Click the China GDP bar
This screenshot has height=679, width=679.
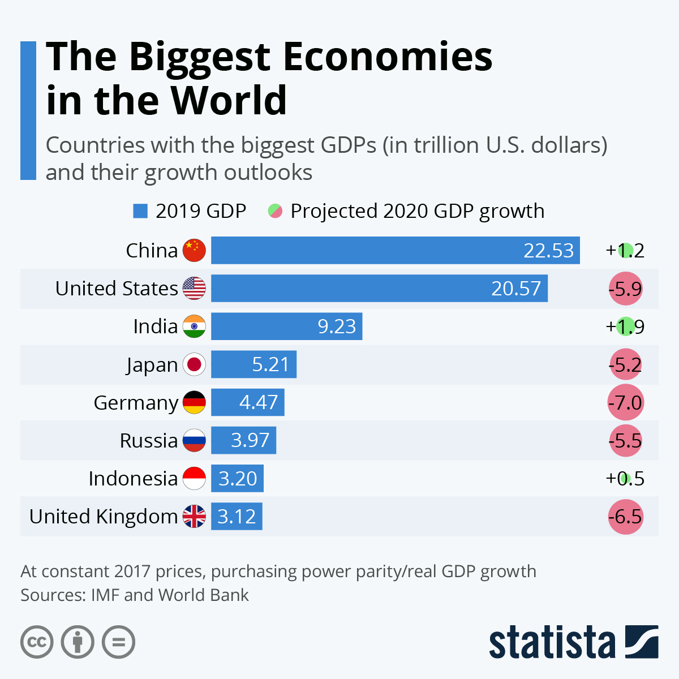pyautogui.click(x=395, y=250)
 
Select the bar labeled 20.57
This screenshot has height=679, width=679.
pyautogui.click(x=379, y=289)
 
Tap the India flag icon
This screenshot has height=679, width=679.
pyautogui.click(x=194, y=326)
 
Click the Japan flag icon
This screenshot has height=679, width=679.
pyautogui.click(x=194, y=364)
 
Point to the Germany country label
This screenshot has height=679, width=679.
pyautogui.click(x=136, y=403)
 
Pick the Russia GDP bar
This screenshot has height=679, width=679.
pyautogui.click(x=243, y=440)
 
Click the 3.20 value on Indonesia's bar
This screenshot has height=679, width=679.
pyautogui.click(x=238, y=479)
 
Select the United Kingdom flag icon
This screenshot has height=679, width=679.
pyautogui.click(x=194, y=516)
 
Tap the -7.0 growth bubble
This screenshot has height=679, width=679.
pyautogui.click(x=625, y=403)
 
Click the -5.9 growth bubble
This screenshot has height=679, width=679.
pyautogui.click(x=625, y=289)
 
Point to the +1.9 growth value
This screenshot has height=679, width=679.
pyautogui.click(x=625, y=326)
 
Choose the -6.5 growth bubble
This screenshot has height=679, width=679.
pyautogui.click(x=625, y=517)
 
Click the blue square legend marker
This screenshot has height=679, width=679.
pyautogui.click(x=140, y=211)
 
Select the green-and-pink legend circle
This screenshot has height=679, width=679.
pyautogui.click(x=275, y=211)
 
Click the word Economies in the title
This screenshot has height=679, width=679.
pyautogui.click(x=388, y=57)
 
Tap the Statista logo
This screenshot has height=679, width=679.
pyautogui.click(x=573, y=642)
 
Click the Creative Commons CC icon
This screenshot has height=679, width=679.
pyautogui.click(x=37, y=642)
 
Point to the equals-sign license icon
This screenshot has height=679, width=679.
pyautogui.click(x=118, y=642)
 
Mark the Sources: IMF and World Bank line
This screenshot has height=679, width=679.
pyautogui.click(x=135, y=595)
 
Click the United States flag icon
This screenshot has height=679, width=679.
pyautogui.click(x=194, y=289)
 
